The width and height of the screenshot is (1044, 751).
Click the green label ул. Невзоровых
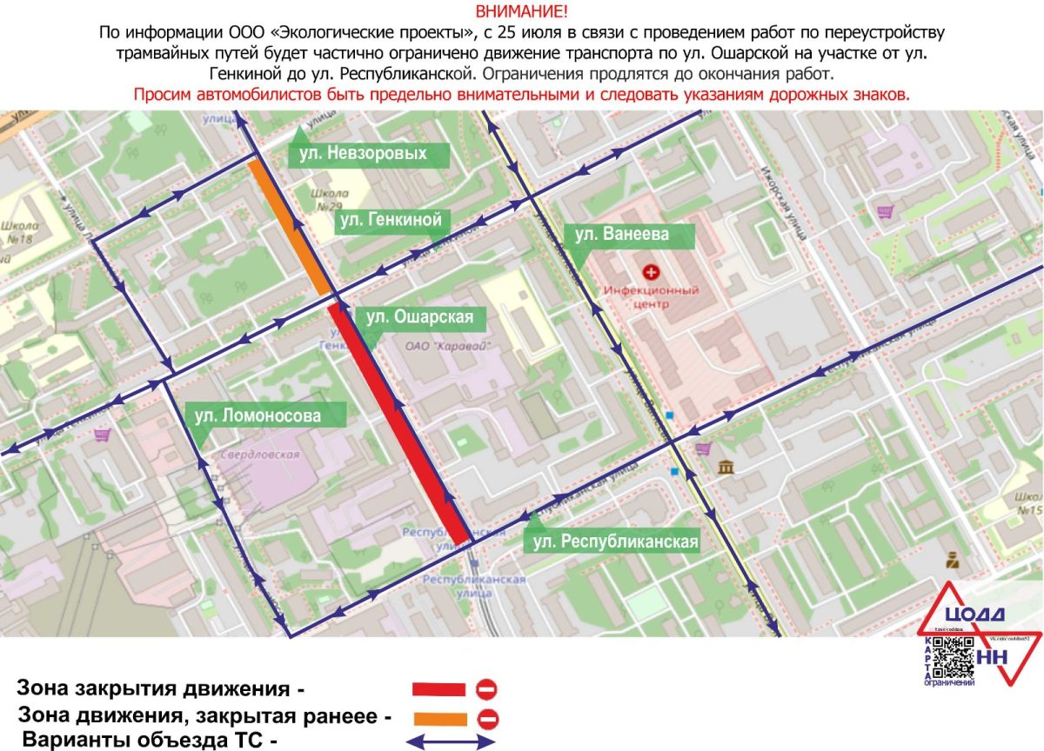click(x=368, y=154)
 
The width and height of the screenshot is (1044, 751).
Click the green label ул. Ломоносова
click(x=258, y=416)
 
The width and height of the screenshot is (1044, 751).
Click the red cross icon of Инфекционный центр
click(x=650, y=271)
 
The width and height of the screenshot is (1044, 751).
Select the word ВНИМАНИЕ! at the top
click(x=521, y=11)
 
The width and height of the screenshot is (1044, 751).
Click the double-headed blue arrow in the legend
click(x=452, y=742)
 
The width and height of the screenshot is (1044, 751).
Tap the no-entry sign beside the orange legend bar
click(x=486, y=719)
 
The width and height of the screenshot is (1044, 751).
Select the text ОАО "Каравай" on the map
click(x=449, y=346)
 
